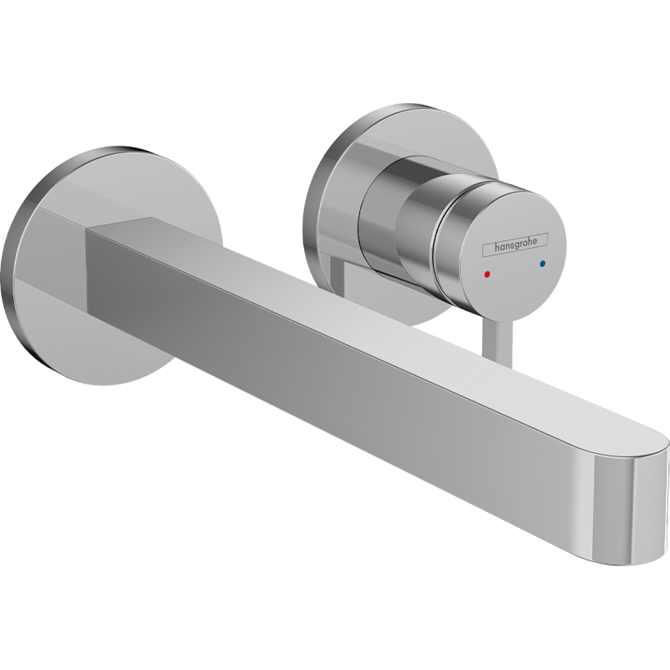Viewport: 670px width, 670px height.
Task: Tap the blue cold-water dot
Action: coord(542,265)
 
